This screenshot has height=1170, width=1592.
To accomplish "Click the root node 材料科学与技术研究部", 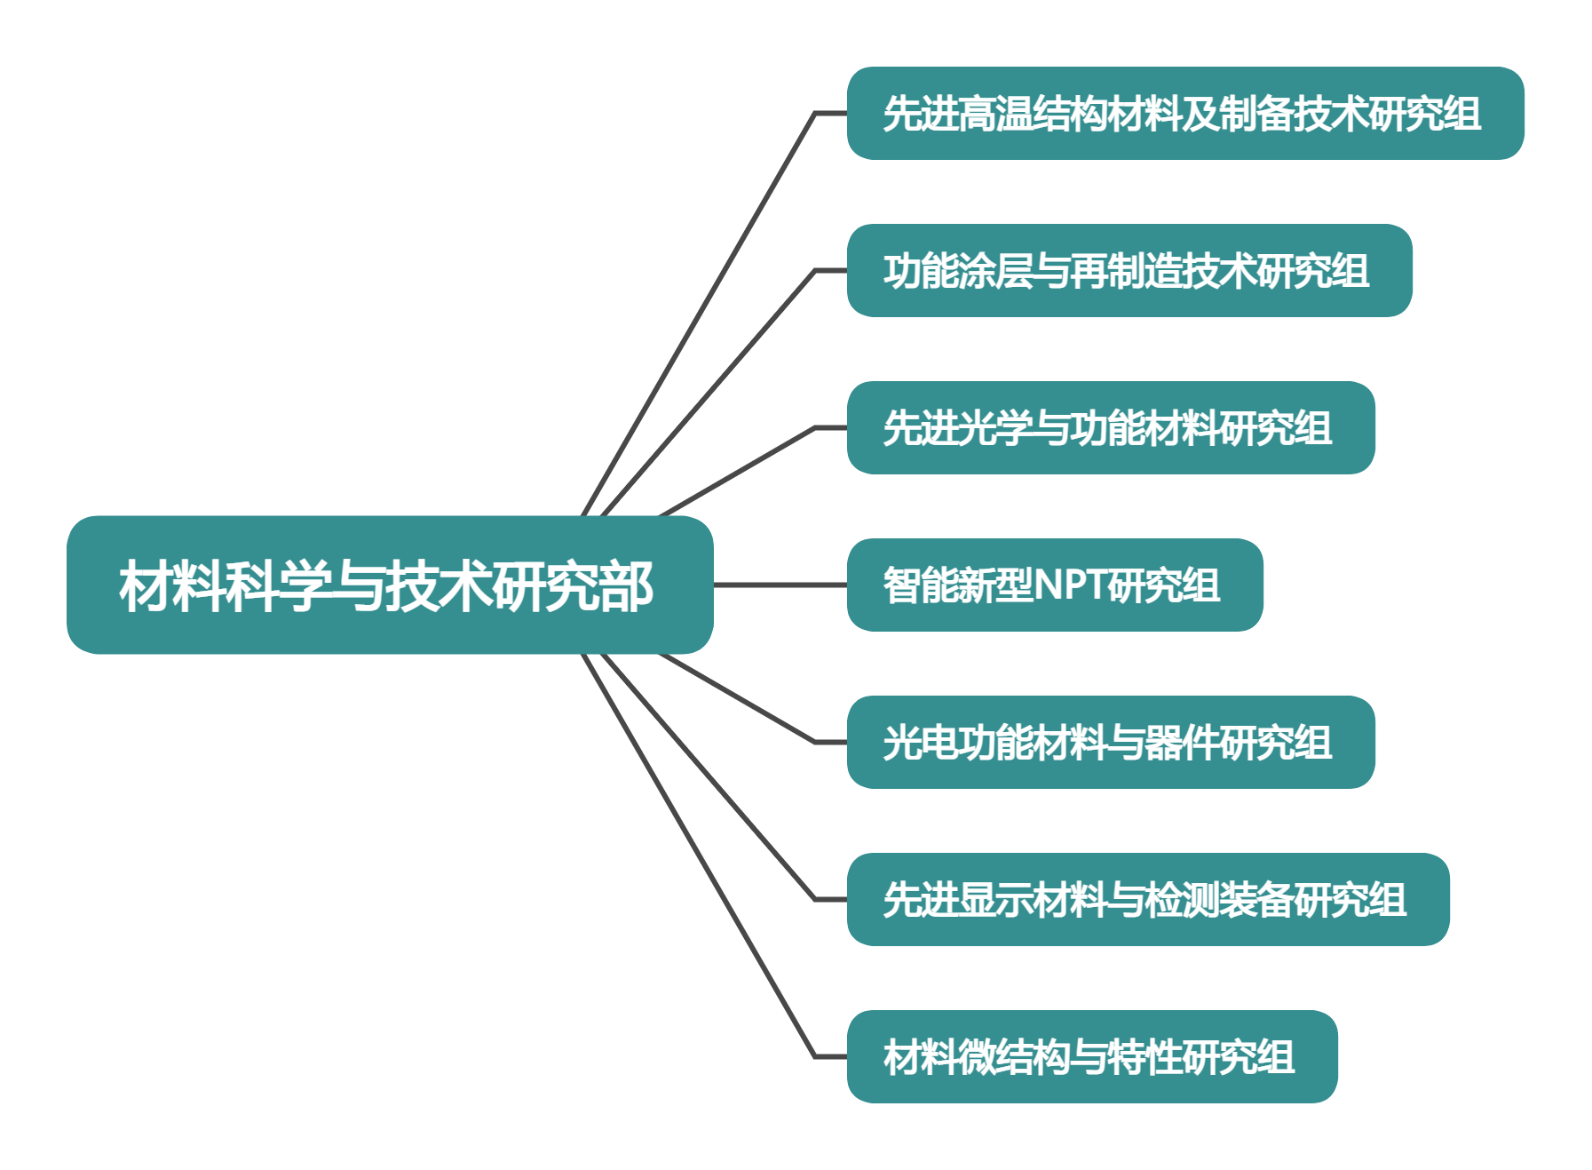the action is tap(390, 585).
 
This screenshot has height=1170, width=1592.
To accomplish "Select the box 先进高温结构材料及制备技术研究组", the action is tap(1185, 113).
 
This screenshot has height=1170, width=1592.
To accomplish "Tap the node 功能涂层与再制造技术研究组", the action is tap(1129, 270).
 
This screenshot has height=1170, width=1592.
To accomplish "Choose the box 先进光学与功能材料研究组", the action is tap(1111, 427).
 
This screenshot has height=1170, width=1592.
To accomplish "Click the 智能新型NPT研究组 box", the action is tap(1055, 585).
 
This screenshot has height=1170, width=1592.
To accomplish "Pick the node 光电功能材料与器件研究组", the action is tap(1111, 742).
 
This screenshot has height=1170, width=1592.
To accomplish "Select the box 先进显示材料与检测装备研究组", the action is tap(1148, 899).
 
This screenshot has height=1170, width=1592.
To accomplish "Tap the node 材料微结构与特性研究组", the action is tap(1092, 1056).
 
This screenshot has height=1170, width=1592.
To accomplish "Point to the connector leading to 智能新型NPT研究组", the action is tap(780, 585).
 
